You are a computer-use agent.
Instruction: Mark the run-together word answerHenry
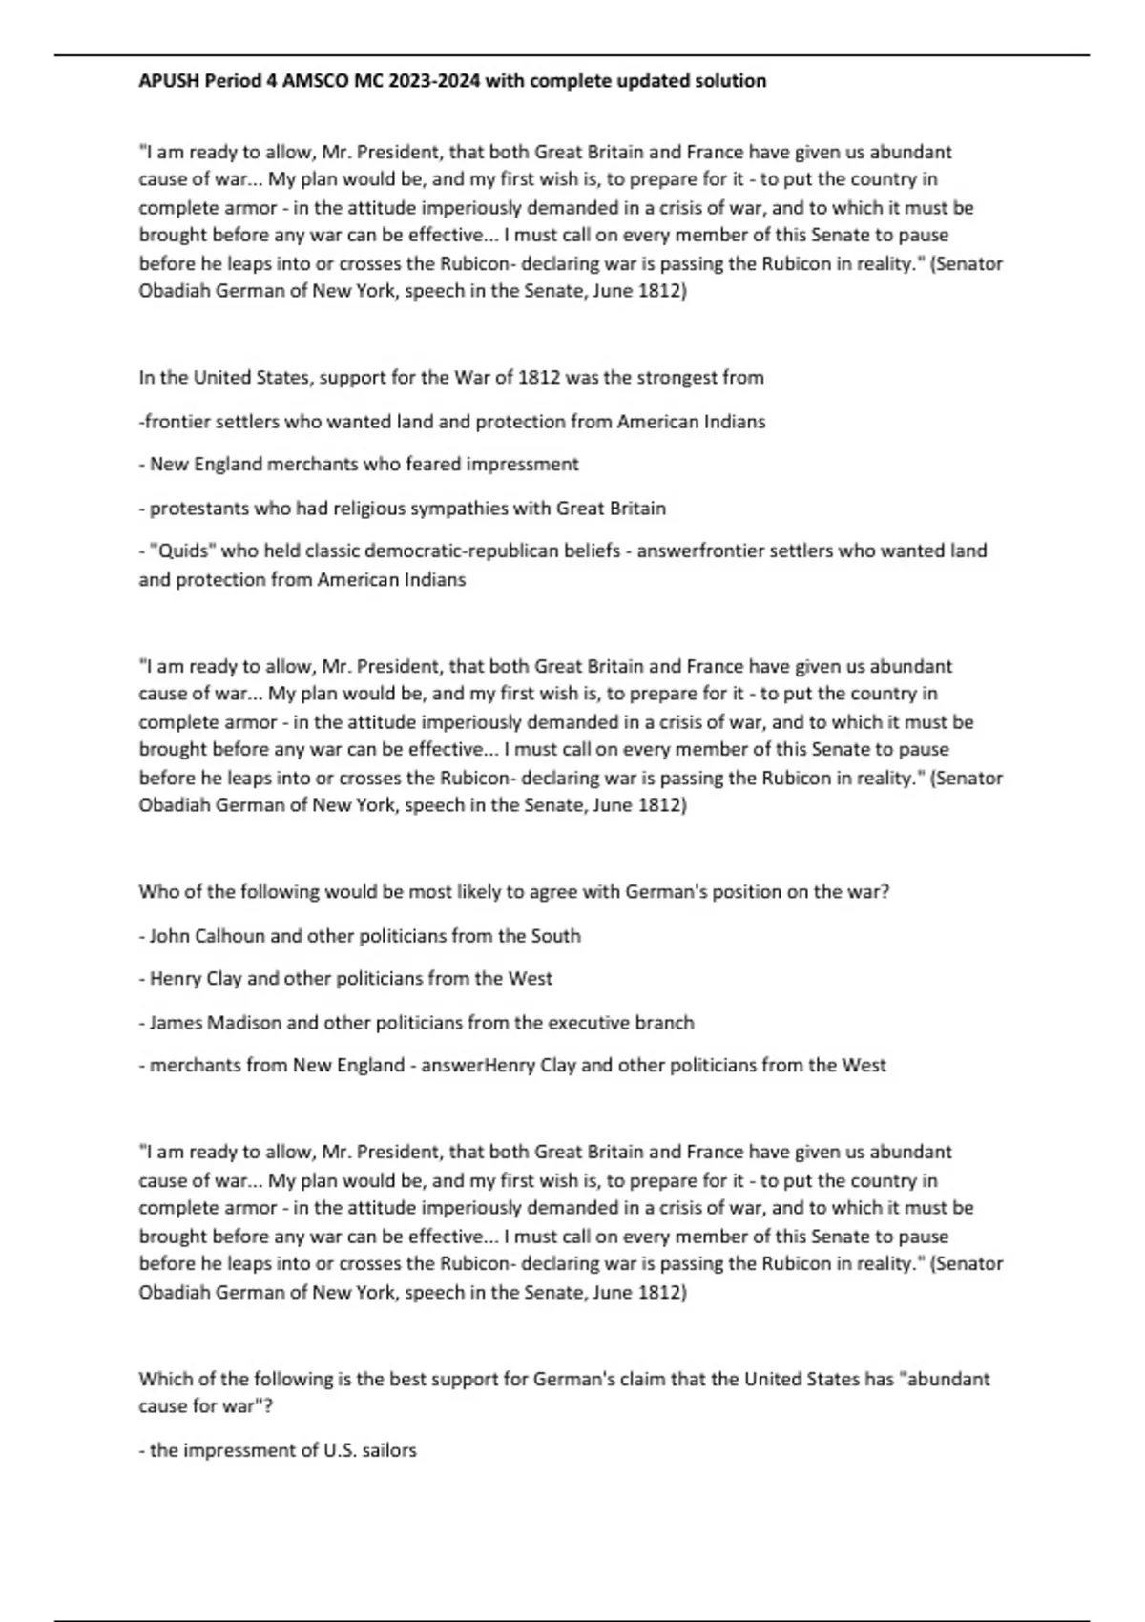click(478, 1065)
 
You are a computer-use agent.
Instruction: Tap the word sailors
click(389, 1450)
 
